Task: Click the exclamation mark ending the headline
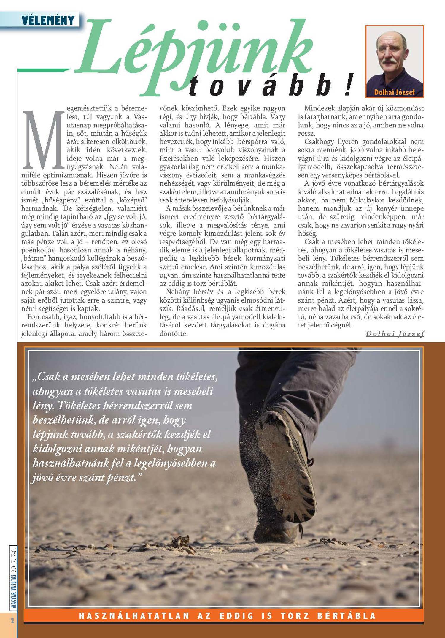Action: pyautogui.click(x=350, y=85)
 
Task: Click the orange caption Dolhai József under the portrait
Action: pyautogui.click(x=394, y=92)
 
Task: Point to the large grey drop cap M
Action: pyautogui.click(x=43, y=140)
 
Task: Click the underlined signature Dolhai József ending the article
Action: pyautogui.click(x=395, y=333)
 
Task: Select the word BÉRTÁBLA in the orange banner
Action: pyautogui.click(x=346, y=616)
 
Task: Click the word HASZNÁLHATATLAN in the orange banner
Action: pyautogui.click(x=134, y=616)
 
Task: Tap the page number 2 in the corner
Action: pyautogui.click(x=12, y=620)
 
